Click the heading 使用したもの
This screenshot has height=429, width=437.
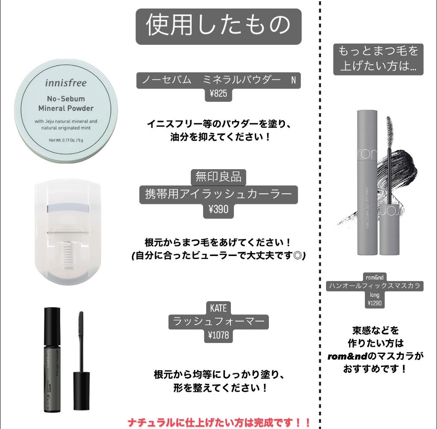(218, 26)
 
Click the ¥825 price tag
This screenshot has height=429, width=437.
(218, 94)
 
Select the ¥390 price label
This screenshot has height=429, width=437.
(218, 209)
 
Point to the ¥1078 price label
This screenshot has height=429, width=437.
(218, 335)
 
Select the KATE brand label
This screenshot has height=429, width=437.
(218, 307)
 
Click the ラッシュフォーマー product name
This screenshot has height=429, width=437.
(218, 321)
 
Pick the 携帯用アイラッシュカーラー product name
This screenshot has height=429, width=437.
(218, 194)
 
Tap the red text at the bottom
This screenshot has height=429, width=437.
(218, 422)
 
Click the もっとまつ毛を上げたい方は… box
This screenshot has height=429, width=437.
(378, 59)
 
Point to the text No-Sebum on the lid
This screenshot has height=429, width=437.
(65, 99)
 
